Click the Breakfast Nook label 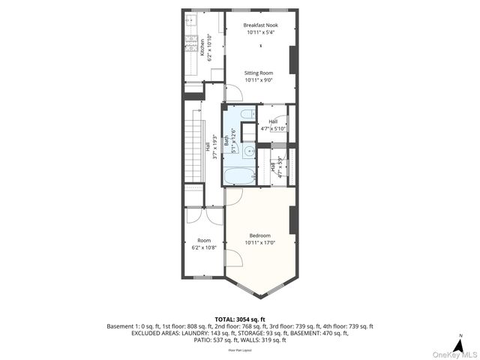pos(262,25)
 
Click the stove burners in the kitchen pos(190,43)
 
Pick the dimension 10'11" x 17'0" pos(262,242)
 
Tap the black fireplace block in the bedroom pos(293,218)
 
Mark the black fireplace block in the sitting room pos(293,59)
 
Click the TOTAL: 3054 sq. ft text pos(240,319)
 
